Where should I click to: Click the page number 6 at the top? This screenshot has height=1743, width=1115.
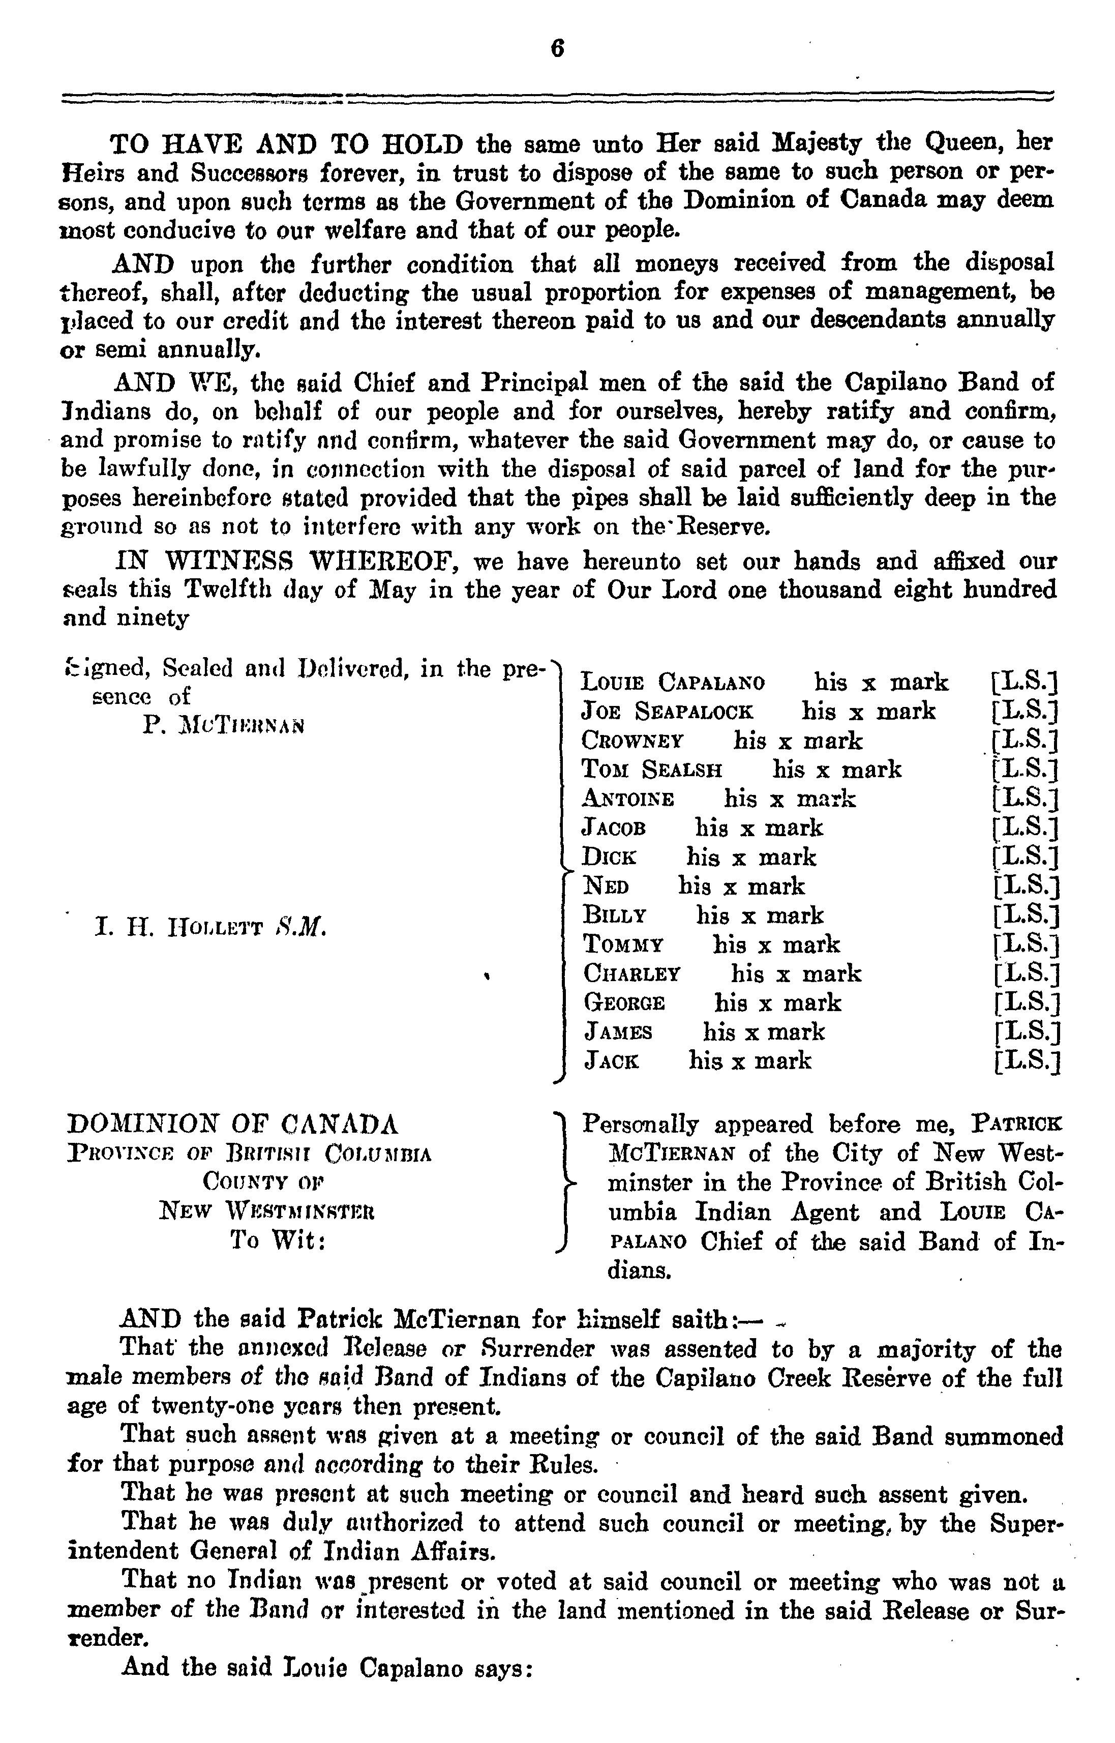pos(557,49)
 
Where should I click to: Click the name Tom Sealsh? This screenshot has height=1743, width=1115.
pos(652,769)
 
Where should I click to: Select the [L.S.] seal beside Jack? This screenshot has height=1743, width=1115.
pos(1028,1061)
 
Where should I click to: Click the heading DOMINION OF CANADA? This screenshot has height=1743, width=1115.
pos(232,1124)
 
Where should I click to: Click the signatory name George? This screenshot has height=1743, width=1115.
pos(624,1003)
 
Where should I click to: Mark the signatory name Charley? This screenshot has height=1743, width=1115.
pos(632,974)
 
